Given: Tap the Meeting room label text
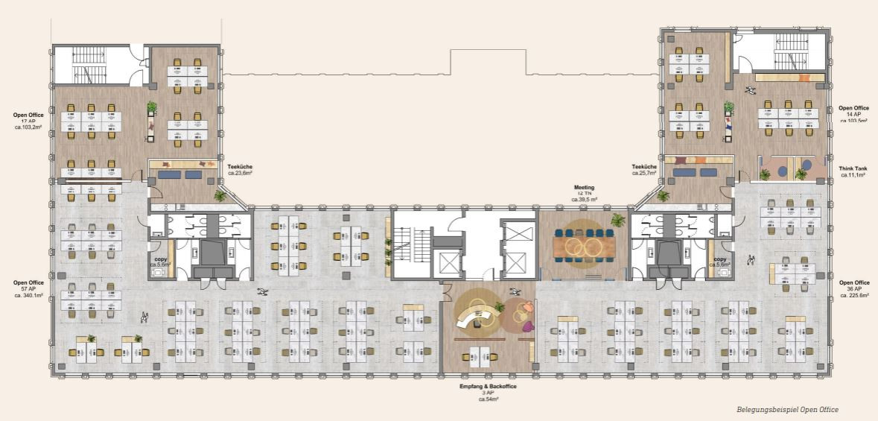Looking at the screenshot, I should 584,187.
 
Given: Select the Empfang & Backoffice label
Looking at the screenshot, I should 488,387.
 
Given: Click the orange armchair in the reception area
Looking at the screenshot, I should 527,306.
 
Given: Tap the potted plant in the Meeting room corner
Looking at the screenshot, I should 617,220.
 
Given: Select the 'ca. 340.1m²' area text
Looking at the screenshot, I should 28,295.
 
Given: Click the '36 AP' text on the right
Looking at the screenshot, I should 854,289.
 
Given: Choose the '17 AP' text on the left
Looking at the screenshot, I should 28,121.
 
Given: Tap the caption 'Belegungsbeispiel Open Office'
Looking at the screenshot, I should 786,410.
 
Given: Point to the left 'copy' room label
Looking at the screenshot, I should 161,259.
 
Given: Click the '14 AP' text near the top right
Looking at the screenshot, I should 853,115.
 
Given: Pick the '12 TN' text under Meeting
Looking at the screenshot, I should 584,193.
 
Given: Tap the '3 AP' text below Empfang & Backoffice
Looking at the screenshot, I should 488,393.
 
